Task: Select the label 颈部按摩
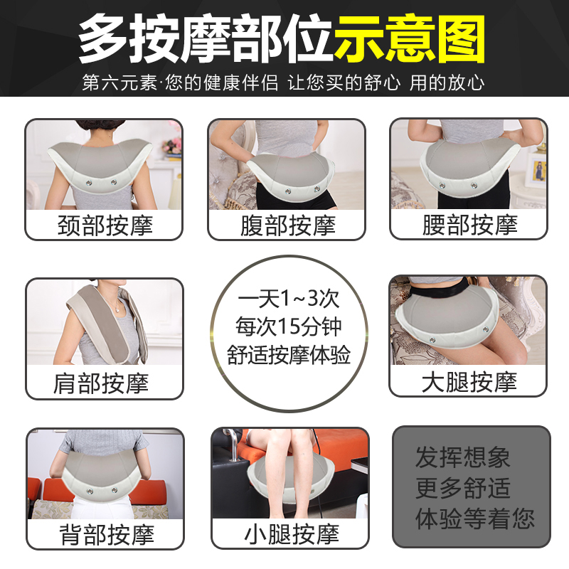(105, 225)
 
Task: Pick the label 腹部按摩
(287, 225)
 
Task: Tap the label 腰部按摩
(469, 225)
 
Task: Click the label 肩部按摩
(105, 384)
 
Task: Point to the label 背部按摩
(105, 534)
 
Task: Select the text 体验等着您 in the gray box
(474, 518)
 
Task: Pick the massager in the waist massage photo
(469, 171)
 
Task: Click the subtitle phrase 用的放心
(447, 83)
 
